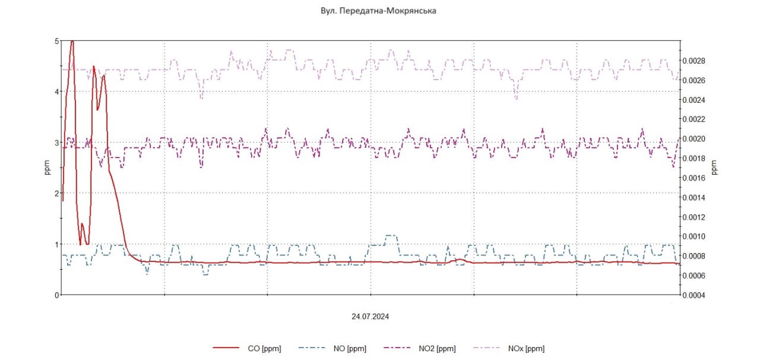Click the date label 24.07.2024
tap(370, 317)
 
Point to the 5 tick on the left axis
tap(56, 41)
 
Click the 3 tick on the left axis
tap(56, 143)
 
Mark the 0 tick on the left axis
tap(56, 295)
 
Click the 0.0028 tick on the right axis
tap(694, 61)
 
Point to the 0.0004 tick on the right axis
tap(694, 295)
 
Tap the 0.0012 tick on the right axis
tap(694, 217)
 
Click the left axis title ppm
tap(47, 168)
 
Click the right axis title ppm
tap(715, 168)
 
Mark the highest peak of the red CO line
tap(72, 41)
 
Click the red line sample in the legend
tap(226, 349)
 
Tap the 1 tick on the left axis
tap(56, 244)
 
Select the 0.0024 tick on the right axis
tap(694, 100)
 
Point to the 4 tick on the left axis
tap(56, 91)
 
